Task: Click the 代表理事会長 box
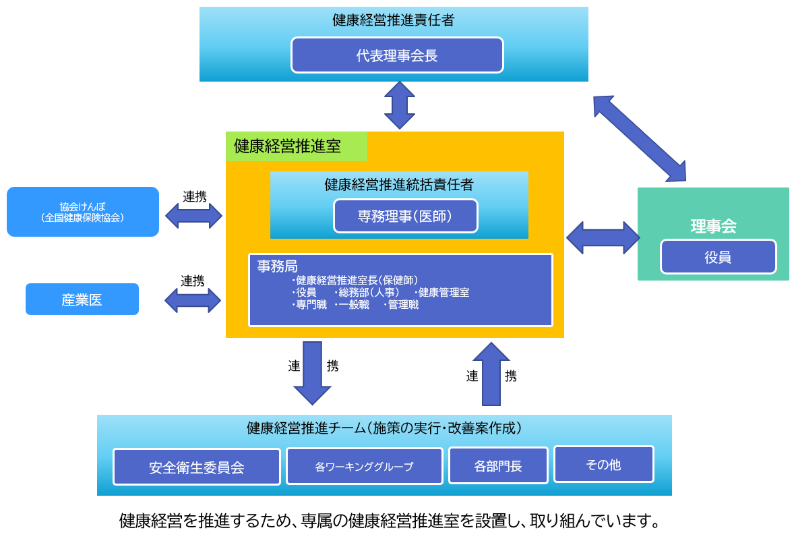click(x=397, y=55)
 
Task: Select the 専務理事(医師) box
click(x=405, y=216)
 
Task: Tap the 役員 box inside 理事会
click(x=718, y=257)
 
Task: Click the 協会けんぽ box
click(x=83, y=212)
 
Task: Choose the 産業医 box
click(x=82, y=299)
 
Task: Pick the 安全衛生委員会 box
click(x=196, y=467)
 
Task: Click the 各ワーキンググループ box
click(x=364, y=466)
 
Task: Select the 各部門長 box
click(x=498, y=465)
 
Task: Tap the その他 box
click(x=603, y=464)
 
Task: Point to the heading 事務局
click(x=277, y=266)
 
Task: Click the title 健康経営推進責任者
click(x=393, y=20)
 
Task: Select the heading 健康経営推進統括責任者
click(x=398, y=183)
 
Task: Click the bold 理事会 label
click(x=713, y=227)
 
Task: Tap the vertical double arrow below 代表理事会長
click(x=400, y=105)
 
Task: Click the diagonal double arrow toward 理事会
click(x=639, y=138)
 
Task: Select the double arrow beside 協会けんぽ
click(x=193, y=216)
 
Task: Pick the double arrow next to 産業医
click(x=193, y=300)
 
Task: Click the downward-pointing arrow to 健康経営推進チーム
click(x=312, y=372)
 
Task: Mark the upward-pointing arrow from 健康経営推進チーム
click(x=491, y=374)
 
